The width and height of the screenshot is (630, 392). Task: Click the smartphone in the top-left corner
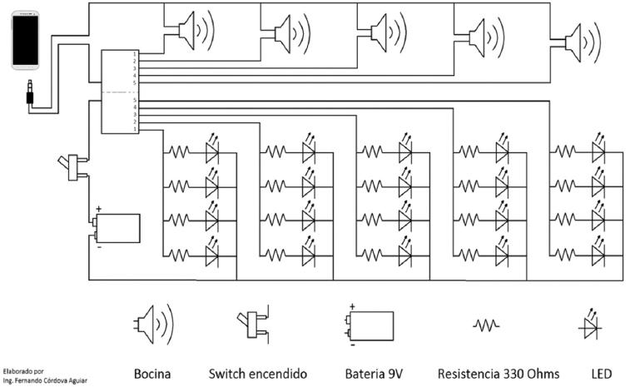pyautogui.click(x=25, y=40)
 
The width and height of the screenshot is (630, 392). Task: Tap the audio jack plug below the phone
pyautogui.click(x=30, y=92)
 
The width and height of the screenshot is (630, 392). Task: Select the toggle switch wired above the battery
pyautogui.click(x=72, y=167)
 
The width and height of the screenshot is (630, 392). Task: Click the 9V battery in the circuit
pyautogui.click(x=117, y=228)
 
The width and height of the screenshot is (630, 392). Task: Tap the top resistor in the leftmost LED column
pyautogui.click(x=179, y=151)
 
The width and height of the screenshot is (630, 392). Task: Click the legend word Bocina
pyautogui.click(x=152, y=374)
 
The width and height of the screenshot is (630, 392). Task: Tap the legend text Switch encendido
pyautogui.click(x=257, y=374)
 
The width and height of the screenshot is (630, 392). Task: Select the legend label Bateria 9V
pyautogui.click(x=374, y=374)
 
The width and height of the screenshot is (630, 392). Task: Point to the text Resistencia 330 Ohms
pyautogui.click(x=499, y=374)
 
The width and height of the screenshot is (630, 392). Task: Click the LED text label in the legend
pyautogui.click(x=602, y=374)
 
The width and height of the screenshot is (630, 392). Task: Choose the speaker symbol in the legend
pyautogui.click(x=153, y=325)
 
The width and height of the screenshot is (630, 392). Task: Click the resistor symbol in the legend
pyautogui.click(x=486, y=325)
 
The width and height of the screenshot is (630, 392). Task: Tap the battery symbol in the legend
pyautogui.click(x=369, y=325)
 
